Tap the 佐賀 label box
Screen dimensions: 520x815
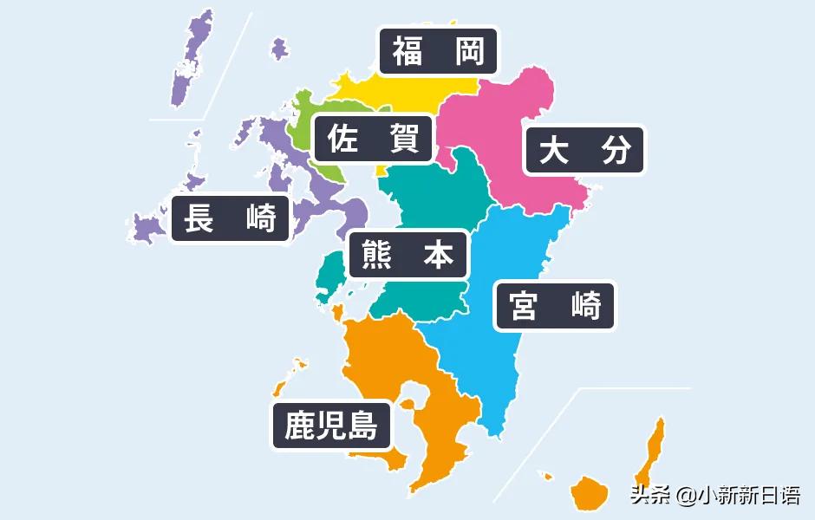[x=373, y=138]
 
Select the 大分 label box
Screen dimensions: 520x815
[x=584, y=151]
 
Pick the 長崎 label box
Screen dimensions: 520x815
[x=230, y=218]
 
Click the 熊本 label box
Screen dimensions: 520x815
[x=407, y=254]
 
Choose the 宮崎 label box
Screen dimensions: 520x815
[x=555, y=305]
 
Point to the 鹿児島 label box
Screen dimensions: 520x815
[x=332, y=425]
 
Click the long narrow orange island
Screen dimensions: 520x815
[x=652, y=451]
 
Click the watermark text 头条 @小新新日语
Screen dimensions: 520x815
[x=715, y=496]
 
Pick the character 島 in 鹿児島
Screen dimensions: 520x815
[x=363, y=425]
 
